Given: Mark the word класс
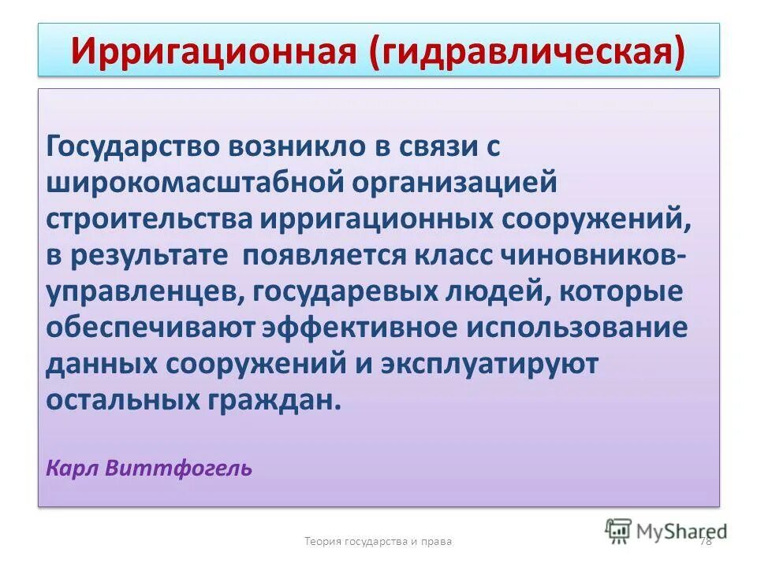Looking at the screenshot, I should coord(458,255).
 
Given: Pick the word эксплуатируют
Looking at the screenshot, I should coord(490,364).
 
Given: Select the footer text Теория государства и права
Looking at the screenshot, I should coord(378,541).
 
